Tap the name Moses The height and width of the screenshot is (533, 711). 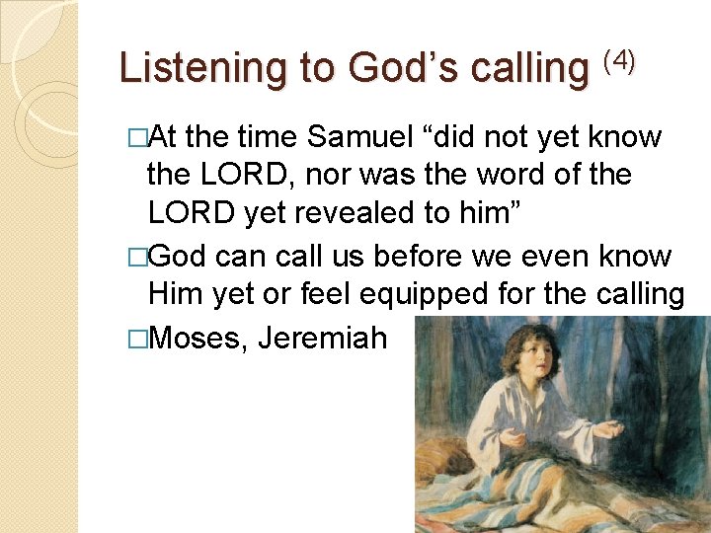(x=198, y=338)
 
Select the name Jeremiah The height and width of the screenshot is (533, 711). (x=321, y=338)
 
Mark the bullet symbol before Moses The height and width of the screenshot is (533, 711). (x=138, y=339)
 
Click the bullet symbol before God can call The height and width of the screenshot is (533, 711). (x=138, y=257)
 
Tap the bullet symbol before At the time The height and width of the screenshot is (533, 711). (x=138, y=137)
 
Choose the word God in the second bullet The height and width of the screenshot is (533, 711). (x=180, y=256)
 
